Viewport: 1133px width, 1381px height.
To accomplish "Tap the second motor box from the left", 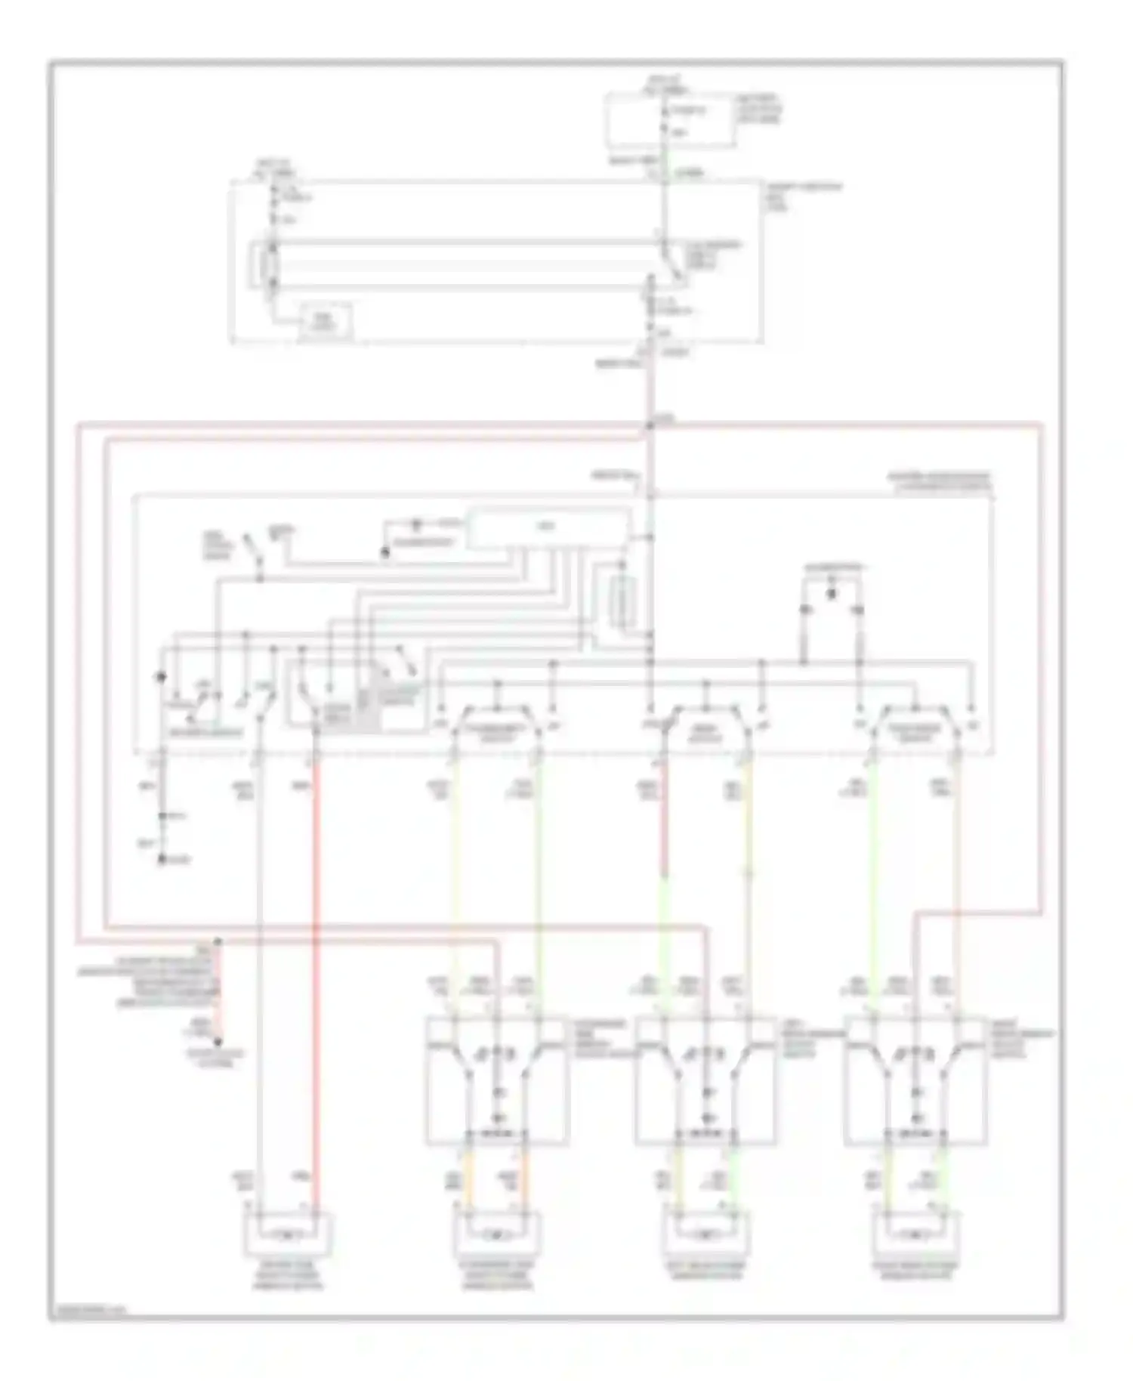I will pos(497,1236).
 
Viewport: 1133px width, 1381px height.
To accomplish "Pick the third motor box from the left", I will pos(707,1236).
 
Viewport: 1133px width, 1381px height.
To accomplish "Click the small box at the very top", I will pos(670,121).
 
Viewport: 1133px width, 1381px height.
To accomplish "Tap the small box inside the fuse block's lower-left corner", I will pos(327,321).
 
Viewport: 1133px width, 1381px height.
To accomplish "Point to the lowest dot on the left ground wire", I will pos(161,860).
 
